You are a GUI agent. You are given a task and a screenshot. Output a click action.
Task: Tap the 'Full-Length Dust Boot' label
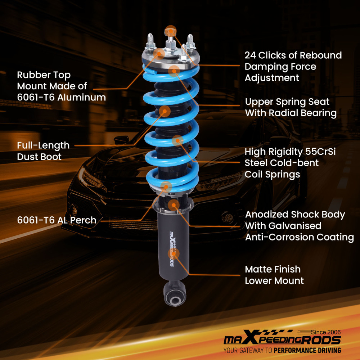pos(43,151)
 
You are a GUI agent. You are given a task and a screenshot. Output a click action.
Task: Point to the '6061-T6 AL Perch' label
pos(57,220)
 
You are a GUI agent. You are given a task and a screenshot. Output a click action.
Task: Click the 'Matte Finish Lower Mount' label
pos(274,275)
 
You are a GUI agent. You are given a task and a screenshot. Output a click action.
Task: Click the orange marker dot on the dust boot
pos(165,111)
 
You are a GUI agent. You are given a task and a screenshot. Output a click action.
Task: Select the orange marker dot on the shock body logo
pos(173,253)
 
